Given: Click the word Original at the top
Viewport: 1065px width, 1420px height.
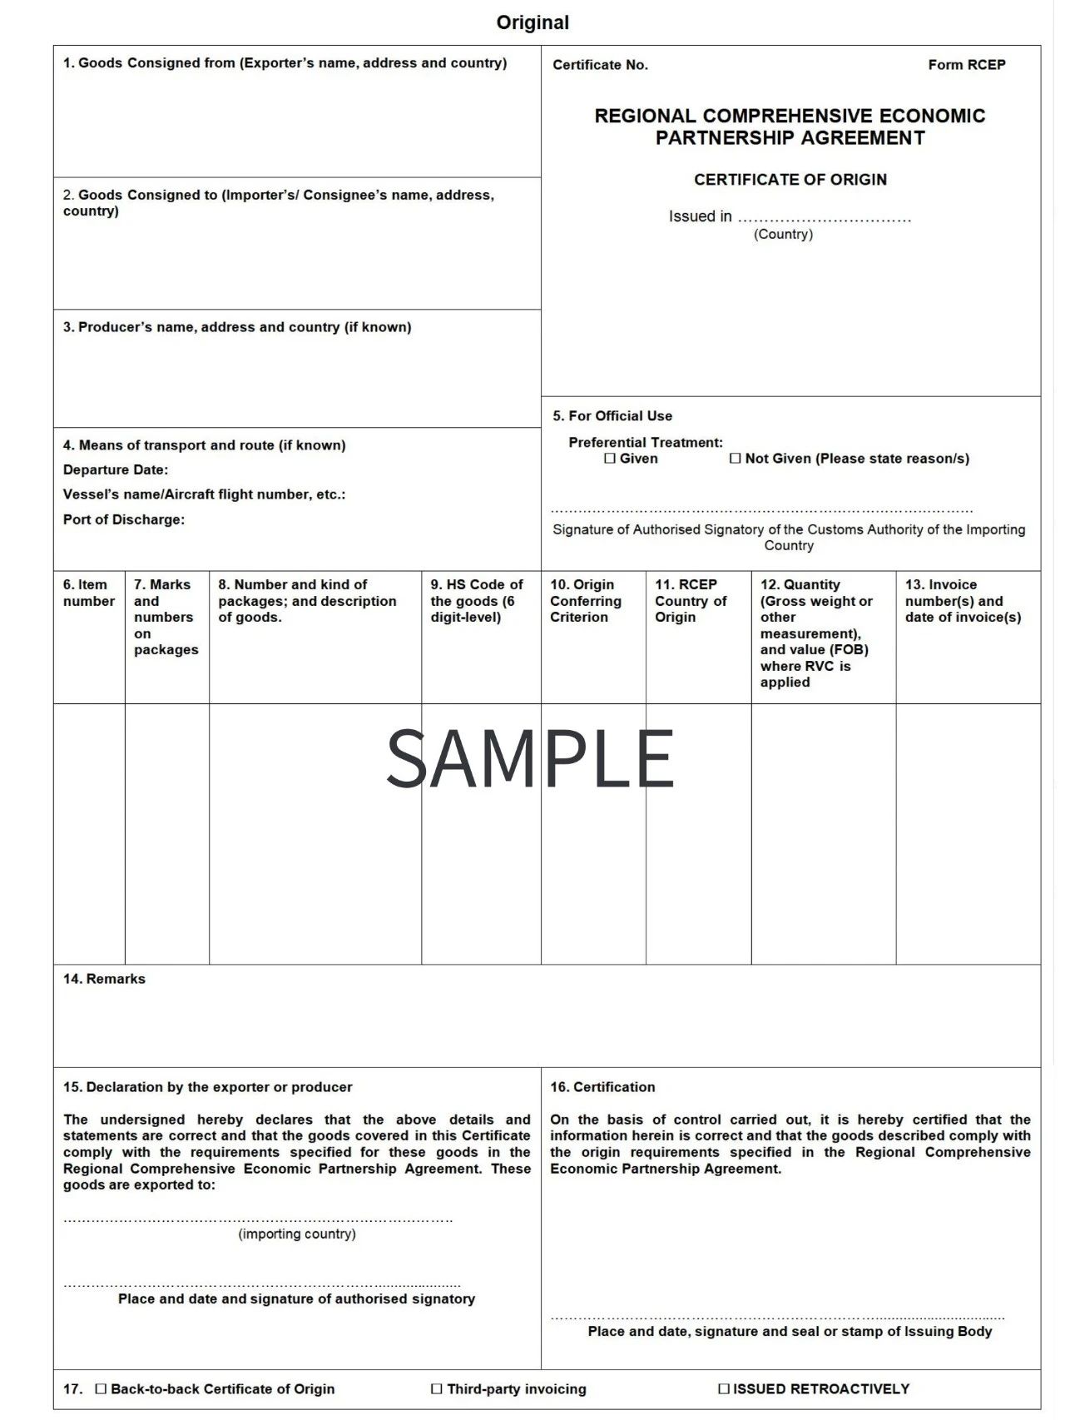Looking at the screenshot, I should [x=532, y=22].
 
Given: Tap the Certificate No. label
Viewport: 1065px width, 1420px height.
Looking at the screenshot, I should [x=600, y=65].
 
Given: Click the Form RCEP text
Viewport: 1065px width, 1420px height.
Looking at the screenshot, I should [x=966, y=65].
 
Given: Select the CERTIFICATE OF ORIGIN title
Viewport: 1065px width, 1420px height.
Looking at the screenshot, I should [x=790, y=180].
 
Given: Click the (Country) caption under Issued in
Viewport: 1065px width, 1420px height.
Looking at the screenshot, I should [x=783, y=235].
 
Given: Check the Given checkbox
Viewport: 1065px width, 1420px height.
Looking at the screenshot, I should [x=610, y=459].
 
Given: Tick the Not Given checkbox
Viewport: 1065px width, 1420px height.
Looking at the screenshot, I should [x=735, y=459].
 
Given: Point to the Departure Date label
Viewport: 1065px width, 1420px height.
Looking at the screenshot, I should [x=116, y=469].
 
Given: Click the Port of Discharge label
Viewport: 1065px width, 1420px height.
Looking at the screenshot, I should [x=124, y=519].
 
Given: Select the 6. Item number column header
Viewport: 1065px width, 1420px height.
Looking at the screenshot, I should [x=88, y=593].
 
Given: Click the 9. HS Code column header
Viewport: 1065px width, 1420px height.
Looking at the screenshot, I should [x=477, y=600].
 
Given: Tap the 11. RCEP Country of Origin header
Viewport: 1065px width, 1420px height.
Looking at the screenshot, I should [x=691, y=600].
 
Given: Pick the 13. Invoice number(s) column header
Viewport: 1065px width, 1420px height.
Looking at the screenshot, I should [x=963, y=600].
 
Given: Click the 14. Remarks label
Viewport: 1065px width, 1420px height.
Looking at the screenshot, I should [x=104, y=979].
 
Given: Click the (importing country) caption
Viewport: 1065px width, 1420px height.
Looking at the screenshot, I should [x=297, y=1234].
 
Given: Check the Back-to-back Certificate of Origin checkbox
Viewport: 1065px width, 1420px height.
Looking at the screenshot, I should [x=102, y=1388].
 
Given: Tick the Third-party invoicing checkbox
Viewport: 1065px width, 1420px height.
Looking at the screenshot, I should [x=437, y=1388].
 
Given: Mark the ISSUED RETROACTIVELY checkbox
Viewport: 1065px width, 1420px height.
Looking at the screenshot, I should [x=724, y=1388].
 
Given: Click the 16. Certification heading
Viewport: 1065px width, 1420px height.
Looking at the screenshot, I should [x=602, y=1087].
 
